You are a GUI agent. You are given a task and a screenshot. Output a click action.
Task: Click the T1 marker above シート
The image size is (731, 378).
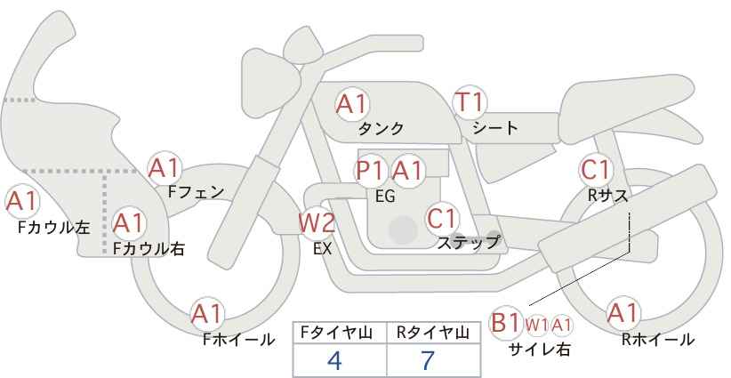(x=470, y=102)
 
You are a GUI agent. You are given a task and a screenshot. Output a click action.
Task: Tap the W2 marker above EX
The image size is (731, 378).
(x=317, y=222)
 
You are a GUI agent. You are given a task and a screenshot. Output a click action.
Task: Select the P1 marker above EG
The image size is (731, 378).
(x=372, y=171)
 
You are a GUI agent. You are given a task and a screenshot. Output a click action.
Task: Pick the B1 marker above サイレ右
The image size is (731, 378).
(x=506, y=323)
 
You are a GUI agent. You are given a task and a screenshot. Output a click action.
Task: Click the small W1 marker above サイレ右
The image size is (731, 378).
(x=537, y=326)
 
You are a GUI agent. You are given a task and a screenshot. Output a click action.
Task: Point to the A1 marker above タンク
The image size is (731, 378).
(x=352, y=104)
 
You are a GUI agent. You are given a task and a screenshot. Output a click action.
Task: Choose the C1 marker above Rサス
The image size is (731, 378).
(x=595, y=170)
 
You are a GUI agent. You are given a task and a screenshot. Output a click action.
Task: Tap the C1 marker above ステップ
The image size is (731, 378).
(x=441, y=218)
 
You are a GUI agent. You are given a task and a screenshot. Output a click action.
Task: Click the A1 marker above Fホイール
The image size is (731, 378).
(x=207, y=314)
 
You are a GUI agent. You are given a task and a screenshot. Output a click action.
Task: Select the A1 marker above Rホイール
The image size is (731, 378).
(x=623, y=313)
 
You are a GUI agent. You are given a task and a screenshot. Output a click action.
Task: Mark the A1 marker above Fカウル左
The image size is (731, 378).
(x=22, y=202)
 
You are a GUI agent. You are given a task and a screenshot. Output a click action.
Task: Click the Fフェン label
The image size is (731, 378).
(x=196, y=192)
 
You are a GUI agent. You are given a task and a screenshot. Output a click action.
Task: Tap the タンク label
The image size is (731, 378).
(x=381, y=129)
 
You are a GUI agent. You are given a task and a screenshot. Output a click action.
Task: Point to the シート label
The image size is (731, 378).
(x=495, y=128)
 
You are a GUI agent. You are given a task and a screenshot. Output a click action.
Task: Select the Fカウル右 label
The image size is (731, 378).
(x=149, y=249)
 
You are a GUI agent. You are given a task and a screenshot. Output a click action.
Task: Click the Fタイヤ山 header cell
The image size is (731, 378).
(x=340, y=333)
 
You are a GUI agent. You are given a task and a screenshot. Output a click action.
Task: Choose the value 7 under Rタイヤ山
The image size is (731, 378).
(x=428, y=360)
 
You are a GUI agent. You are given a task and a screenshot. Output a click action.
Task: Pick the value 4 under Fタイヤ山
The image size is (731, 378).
(x=334, y=360)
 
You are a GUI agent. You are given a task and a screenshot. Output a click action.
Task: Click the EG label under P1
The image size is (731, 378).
(x=385, y=197)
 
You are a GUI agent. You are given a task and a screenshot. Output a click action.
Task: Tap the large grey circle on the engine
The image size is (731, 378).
(x=403, y=229)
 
